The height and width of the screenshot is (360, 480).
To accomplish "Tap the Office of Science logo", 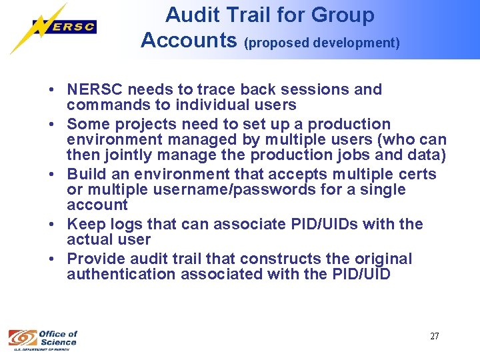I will [43, 338].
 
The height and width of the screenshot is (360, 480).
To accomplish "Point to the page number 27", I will [434, 336].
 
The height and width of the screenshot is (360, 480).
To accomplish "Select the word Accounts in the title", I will [189, 41].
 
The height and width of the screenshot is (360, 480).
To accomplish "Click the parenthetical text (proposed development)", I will [322, 43].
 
